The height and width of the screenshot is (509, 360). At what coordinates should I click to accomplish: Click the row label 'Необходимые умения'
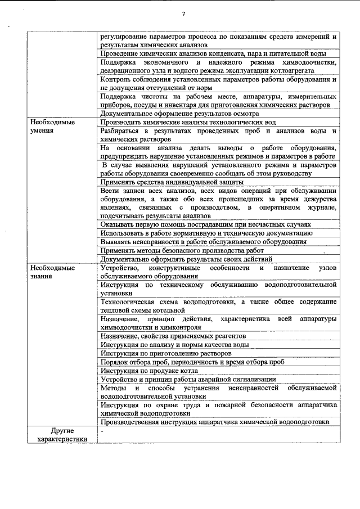tap(52, 126)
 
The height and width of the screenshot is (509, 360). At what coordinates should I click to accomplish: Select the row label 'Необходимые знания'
tap(52, 272)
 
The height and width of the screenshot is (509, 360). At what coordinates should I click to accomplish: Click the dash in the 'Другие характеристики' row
tap(102, 431)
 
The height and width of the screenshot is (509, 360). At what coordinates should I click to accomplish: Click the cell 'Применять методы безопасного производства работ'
tap(182, 250)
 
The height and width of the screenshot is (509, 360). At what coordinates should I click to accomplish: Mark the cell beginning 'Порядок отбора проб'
tap(191, 362)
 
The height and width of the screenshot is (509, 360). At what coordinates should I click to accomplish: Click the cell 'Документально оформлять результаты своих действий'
tap(186, 259)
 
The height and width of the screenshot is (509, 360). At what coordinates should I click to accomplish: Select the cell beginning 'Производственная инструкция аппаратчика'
tap(214, 422)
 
